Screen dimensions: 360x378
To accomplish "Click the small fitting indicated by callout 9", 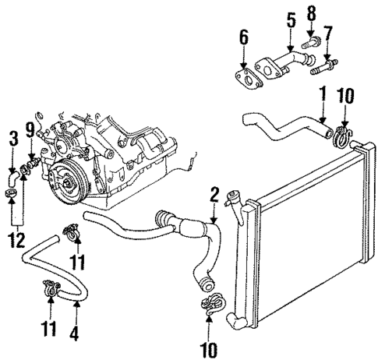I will coord(31,165).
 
